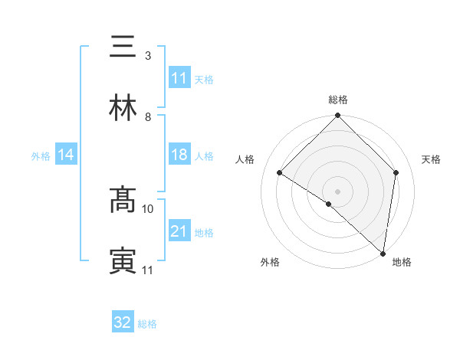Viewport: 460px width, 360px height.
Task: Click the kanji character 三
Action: pyautogui.click(x=123, y=47)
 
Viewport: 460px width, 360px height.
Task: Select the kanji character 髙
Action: pyautogui.click(x=123, y=200)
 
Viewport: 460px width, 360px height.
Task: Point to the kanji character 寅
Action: pyautogui.click(x=123, y=261)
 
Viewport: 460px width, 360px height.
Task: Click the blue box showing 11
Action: pyautogui.click(x=179, y=78)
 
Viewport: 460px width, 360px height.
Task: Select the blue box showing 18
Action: pyautogui.click(x=179, y=155)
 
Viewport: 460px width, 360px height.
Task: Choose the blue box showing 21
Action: pyautogui.click(x=179, y=231)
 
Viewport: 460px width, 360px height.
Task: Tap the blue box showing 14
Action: pyautogui.click(x=66, y=155)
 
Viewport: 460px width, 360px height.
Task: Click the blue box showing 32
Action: pyautogui.click(x=123, y=322)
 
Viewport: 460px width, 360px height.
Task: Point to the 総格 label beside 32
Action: pyautogui.click(x=147, y=324)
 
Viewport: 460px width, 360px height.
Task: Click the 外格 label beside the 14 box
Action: pyautogui.click(x=41, y=155)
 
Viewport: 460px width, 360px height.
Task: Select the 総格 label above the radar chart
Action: pyautogui.click(x=338, y=100)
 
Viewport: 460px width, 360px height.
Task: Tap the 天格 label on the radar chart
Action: pyautogui.click(x=431, y=159)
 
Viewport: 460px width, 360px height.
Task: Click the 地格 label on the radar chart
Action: pyautogui.click(x=402, y=262)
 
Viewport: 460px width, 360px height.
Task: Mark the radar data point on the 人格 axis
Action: pyautogui.click(x=280, y=173)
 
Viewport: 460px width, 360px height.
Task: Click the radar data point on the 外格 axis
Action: pyautogui.click(x=329, y=204)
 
